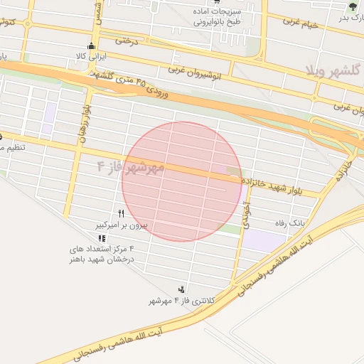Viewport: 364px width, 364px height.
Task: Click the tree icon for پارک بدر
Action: (x=353, y=7)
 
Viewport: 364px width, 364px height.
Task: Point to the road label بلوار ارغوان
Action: (x=84, y=124)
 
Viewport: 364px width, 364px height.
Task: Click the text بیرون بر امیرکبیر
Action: (x=121, y=225)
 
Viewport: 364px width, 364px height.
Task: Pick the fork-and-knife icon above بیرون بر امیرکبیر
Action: (x=122, y=213)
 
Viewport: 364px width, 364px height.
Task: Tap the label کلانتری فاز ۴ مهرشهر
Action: (x=171, y=301)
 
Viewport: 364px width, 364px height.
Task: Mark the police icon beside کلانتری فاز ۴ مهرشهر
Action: (x=183, y=289)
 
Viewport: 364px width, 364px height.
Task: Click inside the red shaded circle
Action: (x=182, y=181)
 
